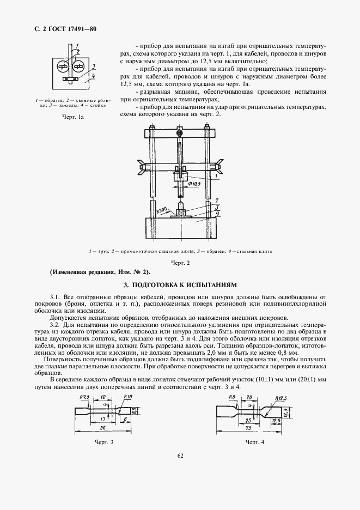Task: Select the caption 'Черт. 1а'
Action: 71,117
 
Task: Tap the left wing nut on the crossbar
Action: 144,163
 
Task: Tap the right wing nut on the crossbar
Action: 218,163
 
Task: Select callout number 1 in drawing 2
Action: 216,177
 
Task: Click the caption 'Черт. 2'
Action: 179,263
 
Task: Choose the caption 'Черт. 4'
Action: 254,441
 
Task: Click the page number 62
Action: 180,471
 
